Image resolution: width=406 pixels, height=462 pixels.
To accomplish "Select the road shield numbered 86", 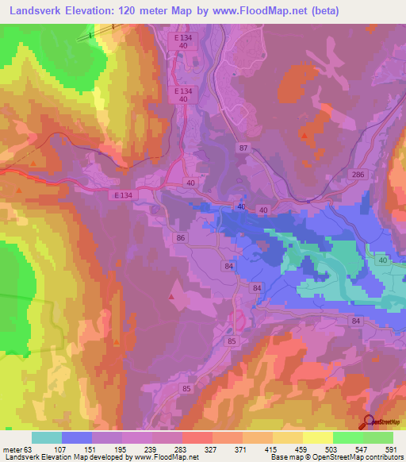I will [x=181, y=237].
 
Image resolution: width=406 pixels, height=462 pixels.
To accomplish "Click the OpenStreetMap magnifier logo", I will [x=369, y=422].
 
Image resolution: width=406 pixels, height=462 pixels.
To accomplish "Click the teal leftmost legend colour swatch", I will [x=47, y=437].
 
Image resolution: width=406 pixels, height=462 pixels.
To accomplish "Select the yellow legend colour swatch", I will [x=318, y=437].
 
